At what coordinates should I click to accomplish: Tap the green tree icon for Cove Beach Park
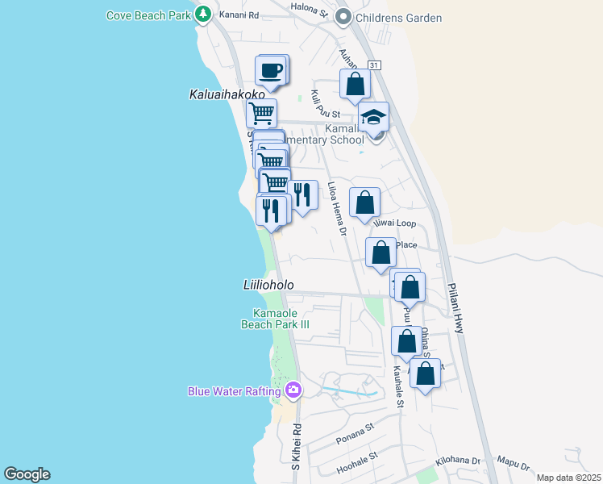coord(204,15)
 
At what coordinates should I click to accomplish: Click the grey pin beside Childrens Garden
coord(343,16)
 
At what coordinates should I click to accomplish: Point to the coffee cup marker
coord(272,70)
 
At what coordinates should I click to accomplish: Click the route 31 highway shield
coord(373,65)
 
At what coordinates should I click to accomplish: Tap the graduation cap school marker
coord(373,118)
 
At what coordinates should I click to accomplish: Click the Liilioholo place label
coord(268,286)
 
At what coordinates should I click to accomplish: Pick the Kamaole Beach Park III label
coord(276,319)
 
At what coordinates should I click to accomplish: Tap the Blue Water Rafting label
coord(234,392)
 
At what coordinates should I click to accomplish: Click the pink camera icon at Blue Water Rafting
coord(293,391)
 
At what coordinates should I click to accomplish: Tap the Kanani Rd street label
coord(242,15)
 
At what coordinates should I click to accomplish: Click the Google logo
coord(27,474)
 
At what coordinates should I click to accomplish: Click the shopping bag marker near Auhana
coord(355,84)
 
